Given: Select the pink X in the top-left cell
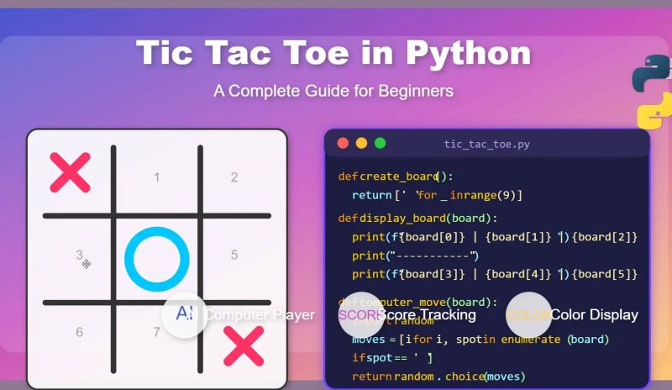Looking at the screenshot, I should [70, 172].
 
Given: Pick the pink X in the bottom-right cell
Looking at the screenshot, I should [244, 346].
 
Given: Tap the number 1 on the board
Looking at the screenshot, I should [156, 177].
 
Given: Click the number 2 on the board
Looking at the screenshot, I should [234, 177].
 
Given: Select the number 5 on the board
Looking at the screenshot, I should [234, 255].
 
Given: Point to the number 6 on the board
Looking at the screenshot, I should [79, 332].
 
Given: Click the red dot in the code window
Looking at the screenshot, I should [343, 144].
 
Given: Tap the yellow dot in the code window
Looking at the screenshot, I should [361, 144].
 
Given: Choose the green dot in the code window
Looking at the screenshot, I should [380, 144].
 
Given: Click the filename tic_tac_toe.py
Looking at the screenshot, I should [487, 145].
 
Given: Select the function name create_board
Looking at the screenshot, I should [399, 177].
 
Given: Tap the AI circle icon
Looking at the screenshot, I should [185, 314].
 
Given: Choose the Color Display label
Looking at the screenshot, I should [594, 315].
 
